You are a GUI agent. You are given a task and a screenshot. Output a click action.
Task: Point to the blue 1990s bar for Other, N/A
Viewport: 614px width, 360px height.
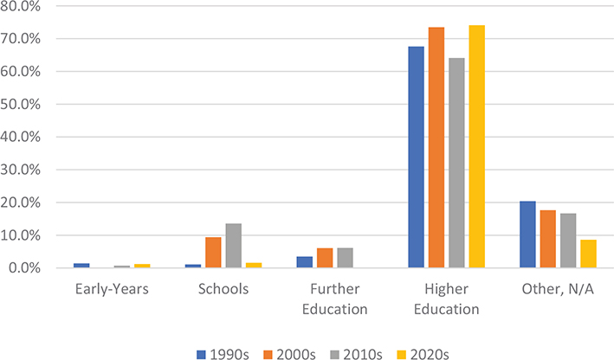point(528,235)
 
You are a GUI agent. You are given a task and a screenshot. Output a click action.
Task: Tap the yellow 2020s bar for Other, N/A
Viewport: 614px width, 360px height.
point(588,254)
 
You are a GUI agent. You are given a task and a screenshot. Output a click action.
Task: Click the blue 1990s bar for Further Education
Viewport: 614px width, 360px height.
point(305,262)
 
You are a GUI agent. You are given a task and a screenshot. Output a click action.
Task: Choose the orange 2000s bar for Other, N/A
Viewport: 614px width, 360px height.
point(548,239)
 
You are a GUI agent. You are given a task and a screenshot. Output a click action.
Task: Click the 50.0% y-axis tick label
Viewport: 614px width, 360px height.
point(33,105)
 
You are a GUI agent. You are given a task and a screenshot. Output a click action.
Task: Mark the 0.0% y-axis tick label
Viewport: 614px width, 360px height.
point(36,268)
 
